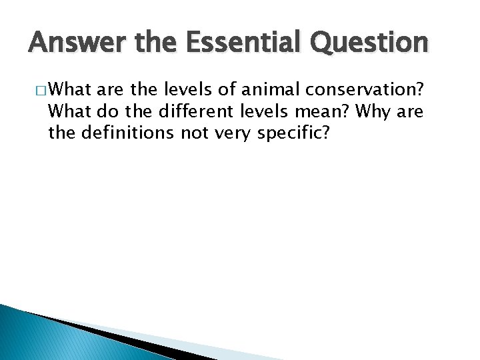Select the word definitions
[x=128, y=133]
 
